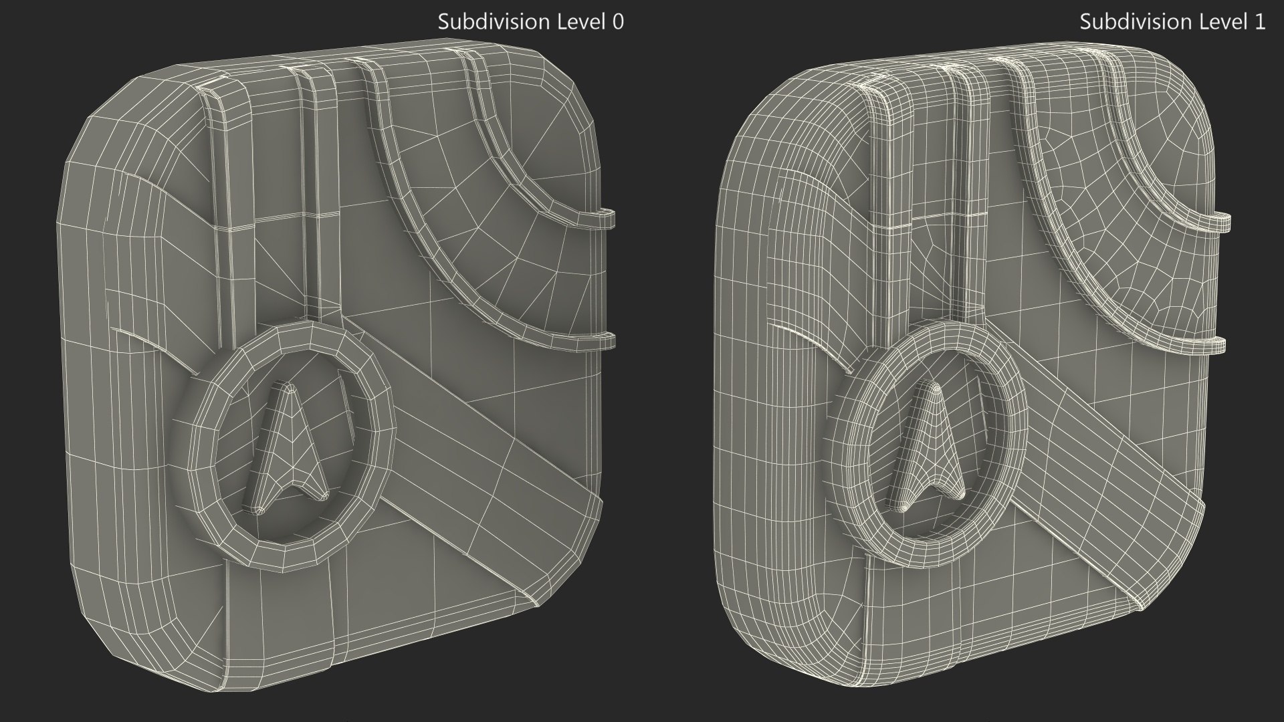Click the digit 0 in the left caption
click(618, 22)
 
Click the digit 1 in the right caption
click(1259, 22)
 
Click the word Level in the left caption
click(573, 22)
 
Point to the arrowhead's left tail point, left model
click(257, 510)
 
